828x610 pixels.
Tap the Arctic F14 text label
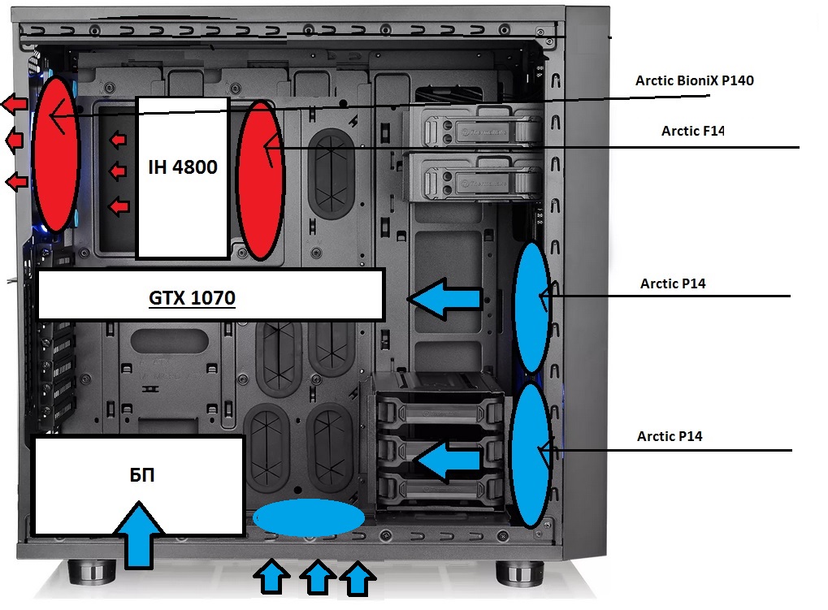[x=692, y=131]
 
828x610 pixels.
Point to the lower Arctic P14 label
[x=670, y=436]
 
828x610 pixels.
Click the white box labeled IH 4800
[x=182, y=177]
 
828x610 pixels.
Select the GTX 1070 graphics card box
[x=210, y=294]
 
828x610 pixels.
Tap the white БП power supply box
[x=137, y=485]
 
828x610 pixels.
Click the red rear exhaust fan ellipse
[x=55, y=153]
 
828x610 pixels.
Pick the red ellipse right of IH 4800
[x=260, y=180]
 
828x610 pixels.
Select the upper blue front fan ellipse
[x=533, y=307]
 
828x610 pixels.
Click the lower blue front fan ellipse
[x=533, y=455]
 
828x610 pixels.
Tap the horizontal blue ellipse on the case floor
[x=309, y=517]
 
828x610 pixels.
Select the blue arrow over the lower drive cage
[x=446, y=461]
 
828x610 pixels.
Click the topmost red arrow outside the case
[x=14, y=104]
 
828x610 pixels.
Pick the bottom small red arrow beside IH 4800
[x=119, y=207]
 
